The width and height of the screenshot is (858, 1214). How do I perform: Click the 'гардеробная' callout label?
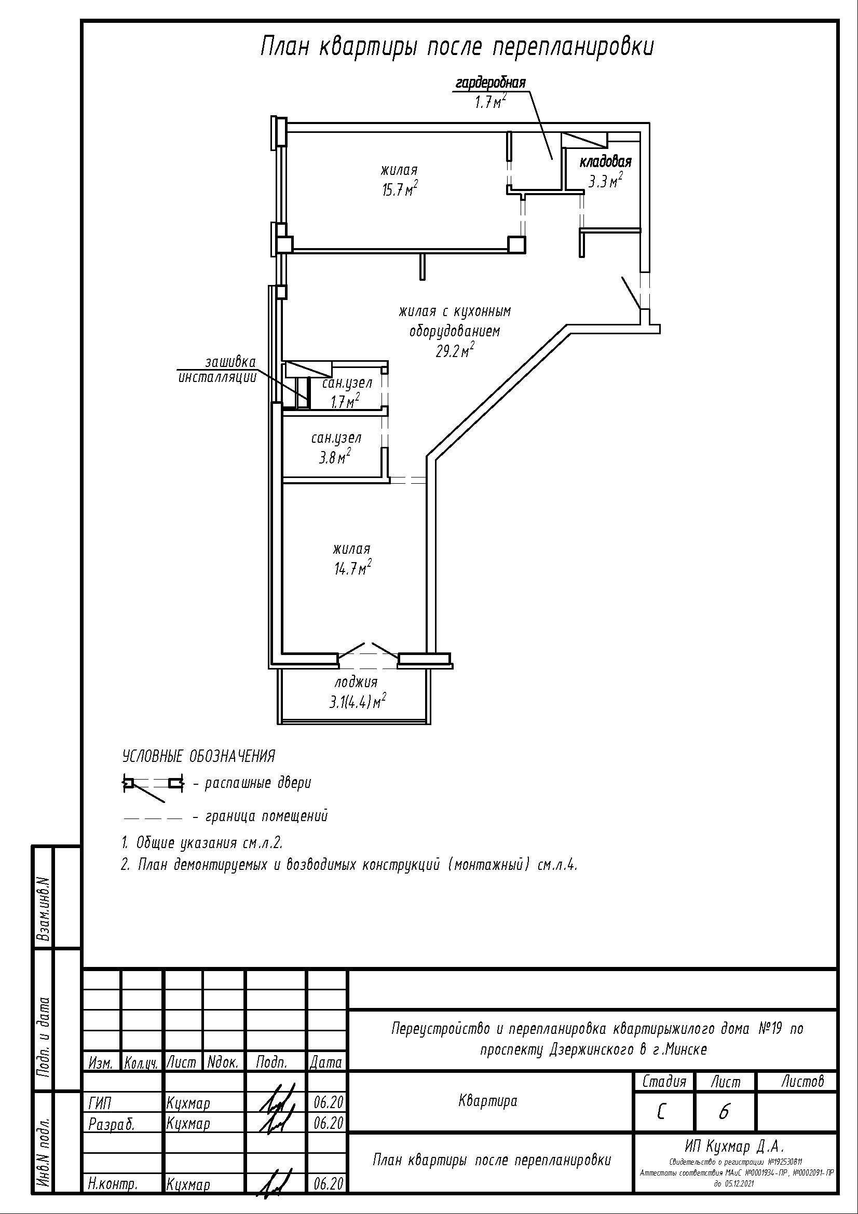tap(491, 83)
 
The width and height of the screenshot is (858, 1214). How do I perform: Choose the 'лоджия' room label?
tap(356, 682)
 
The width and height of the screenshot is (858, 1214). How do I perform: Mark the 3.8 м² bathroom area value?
tap(335, 457)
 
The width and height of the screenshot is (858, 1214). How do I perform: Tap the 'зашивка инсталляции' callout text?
tap(217, 370)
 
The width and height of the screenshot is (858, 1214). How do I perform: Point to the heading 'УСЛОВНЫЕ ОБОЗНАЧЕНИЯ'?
tap(199, 756)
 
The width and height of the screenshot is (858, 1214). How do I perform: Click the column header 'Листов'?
tap(802, 1081)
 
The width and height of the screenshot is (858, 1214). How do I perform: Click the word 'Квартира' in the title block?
tap(487, 1101)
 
